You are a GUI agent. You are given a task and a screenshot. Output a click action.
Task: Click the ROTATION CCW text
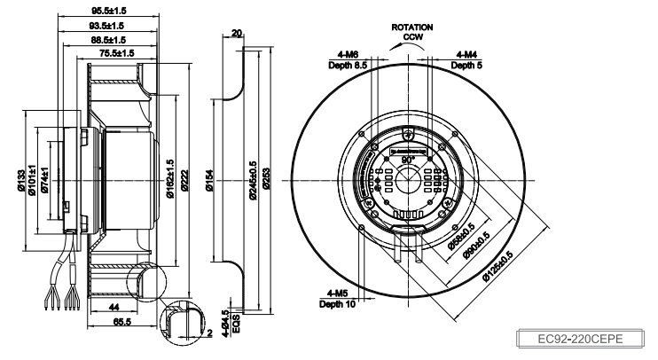coord(412,32)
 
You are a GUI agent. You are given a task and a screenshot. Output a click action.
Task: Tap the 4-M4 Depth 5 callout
coord(466,60)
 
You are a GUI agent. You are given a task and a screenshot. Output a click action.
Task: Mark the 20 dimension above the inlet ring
coord(235,35)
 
